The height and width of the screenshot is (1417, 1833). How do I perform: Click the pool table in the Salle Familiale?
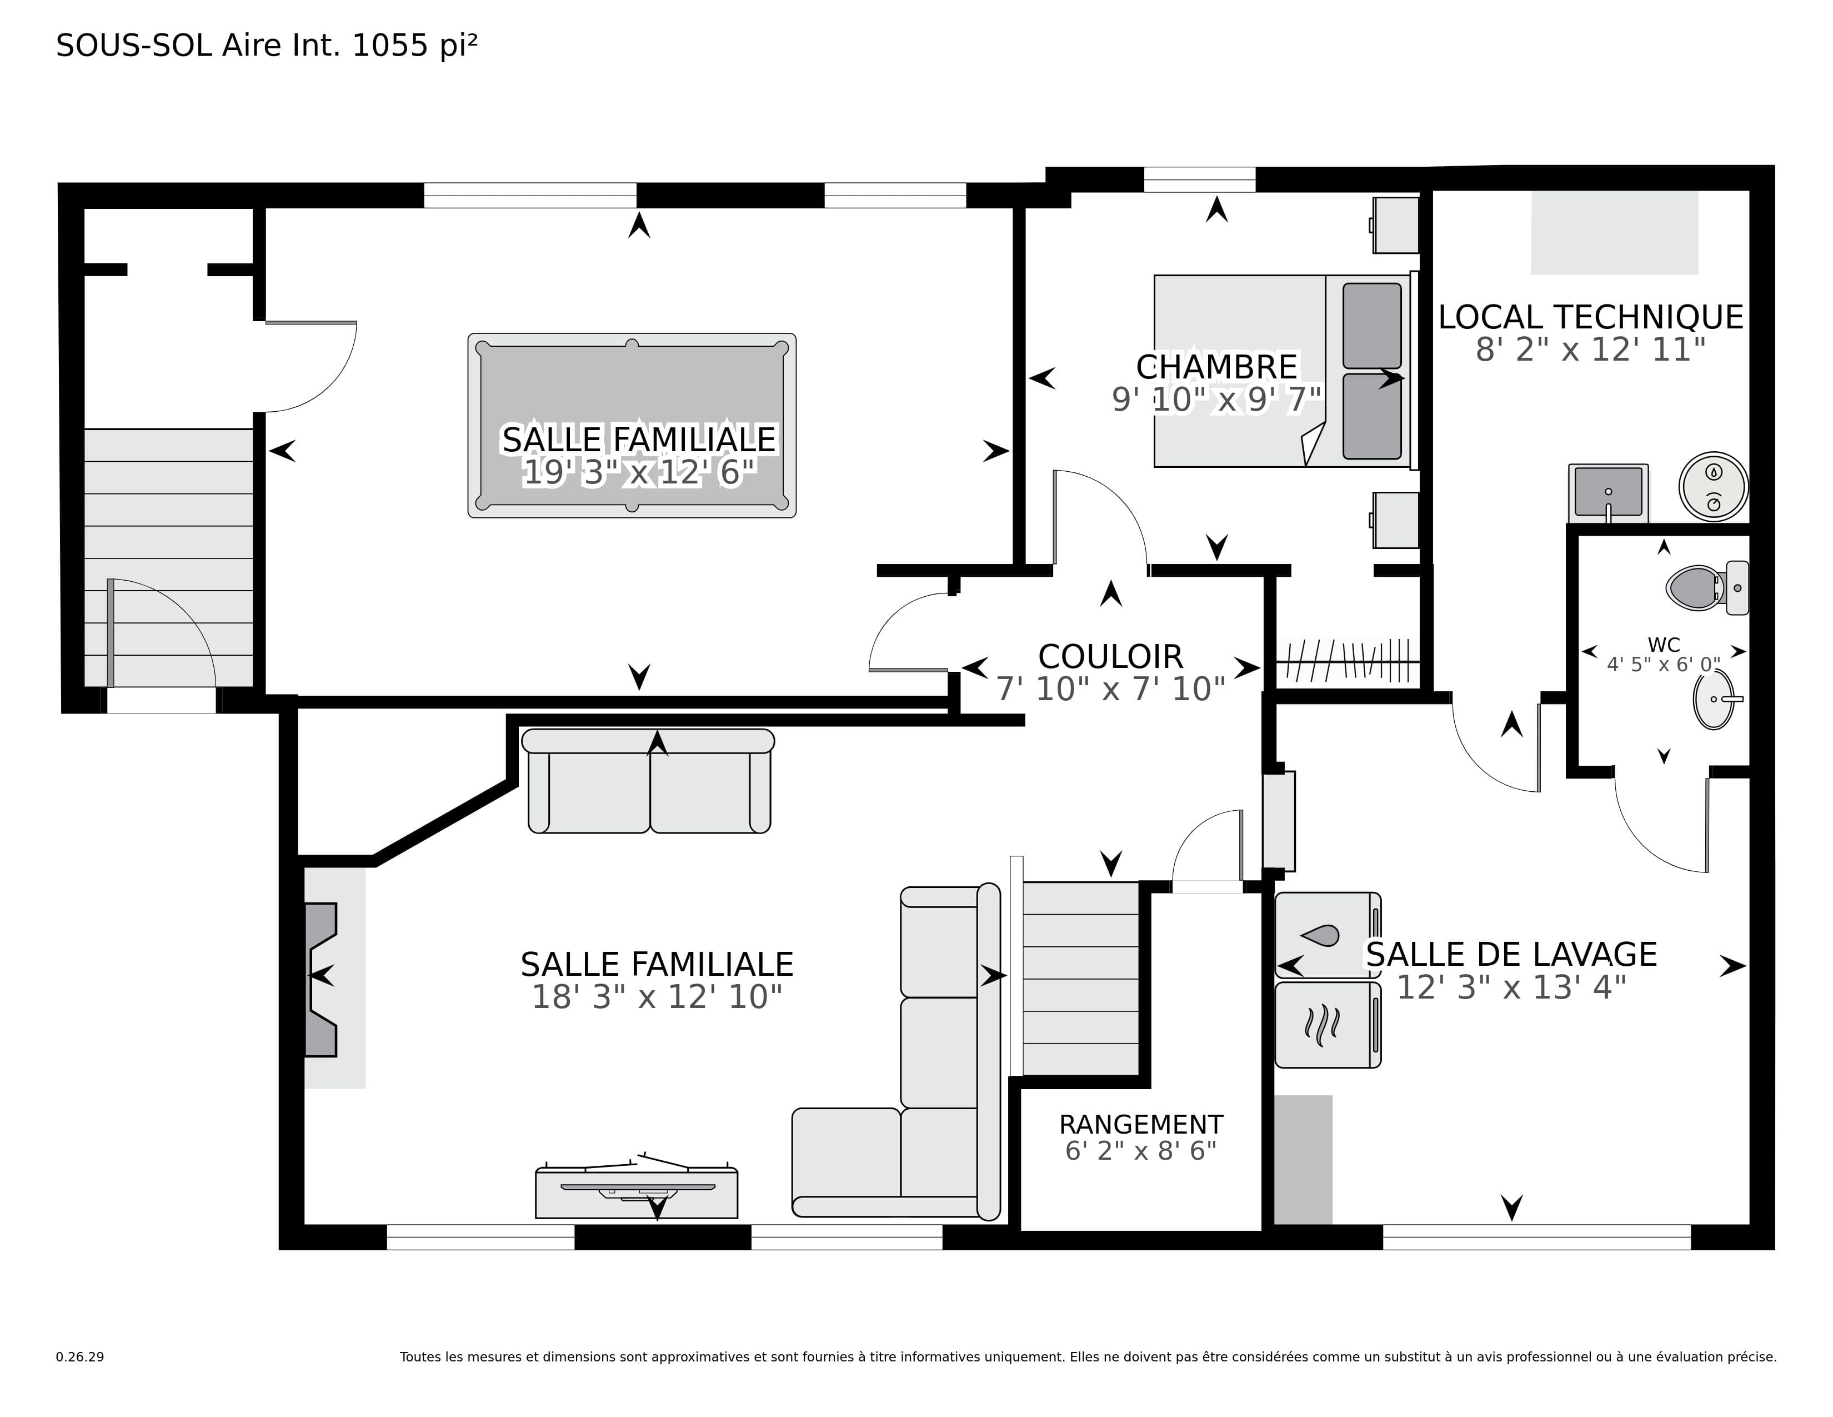coord(632,426)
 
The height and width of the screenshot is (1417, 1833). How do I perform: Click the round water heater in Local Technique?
coord(1714,487)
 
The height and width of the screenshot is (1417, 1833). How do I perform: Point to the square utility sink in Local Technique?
coord(1608,493)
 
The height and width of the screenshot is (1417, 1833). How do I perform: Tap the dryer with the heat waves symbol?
coord(1328,1025)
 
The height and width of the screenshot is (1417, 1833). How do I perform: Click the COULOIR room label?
coord(1110,656)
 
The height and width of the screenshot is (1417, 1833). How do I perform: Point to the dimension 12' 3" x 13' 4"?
coord(1511,988)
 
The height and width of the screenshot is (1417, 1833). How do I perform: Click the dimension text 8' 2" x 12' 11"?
coord(1590,349)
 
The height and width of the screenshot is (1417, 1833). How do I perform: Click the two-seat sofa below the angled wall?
coord(649,781)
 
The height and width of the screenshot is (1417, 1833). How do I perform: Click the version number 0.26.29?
coord(80,1356)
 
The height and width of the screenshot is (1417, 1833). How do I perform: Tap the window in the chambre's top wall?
coord(1199,179)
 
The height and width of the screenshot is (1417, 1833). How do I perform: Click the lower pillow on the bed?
coord(1372,416)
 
